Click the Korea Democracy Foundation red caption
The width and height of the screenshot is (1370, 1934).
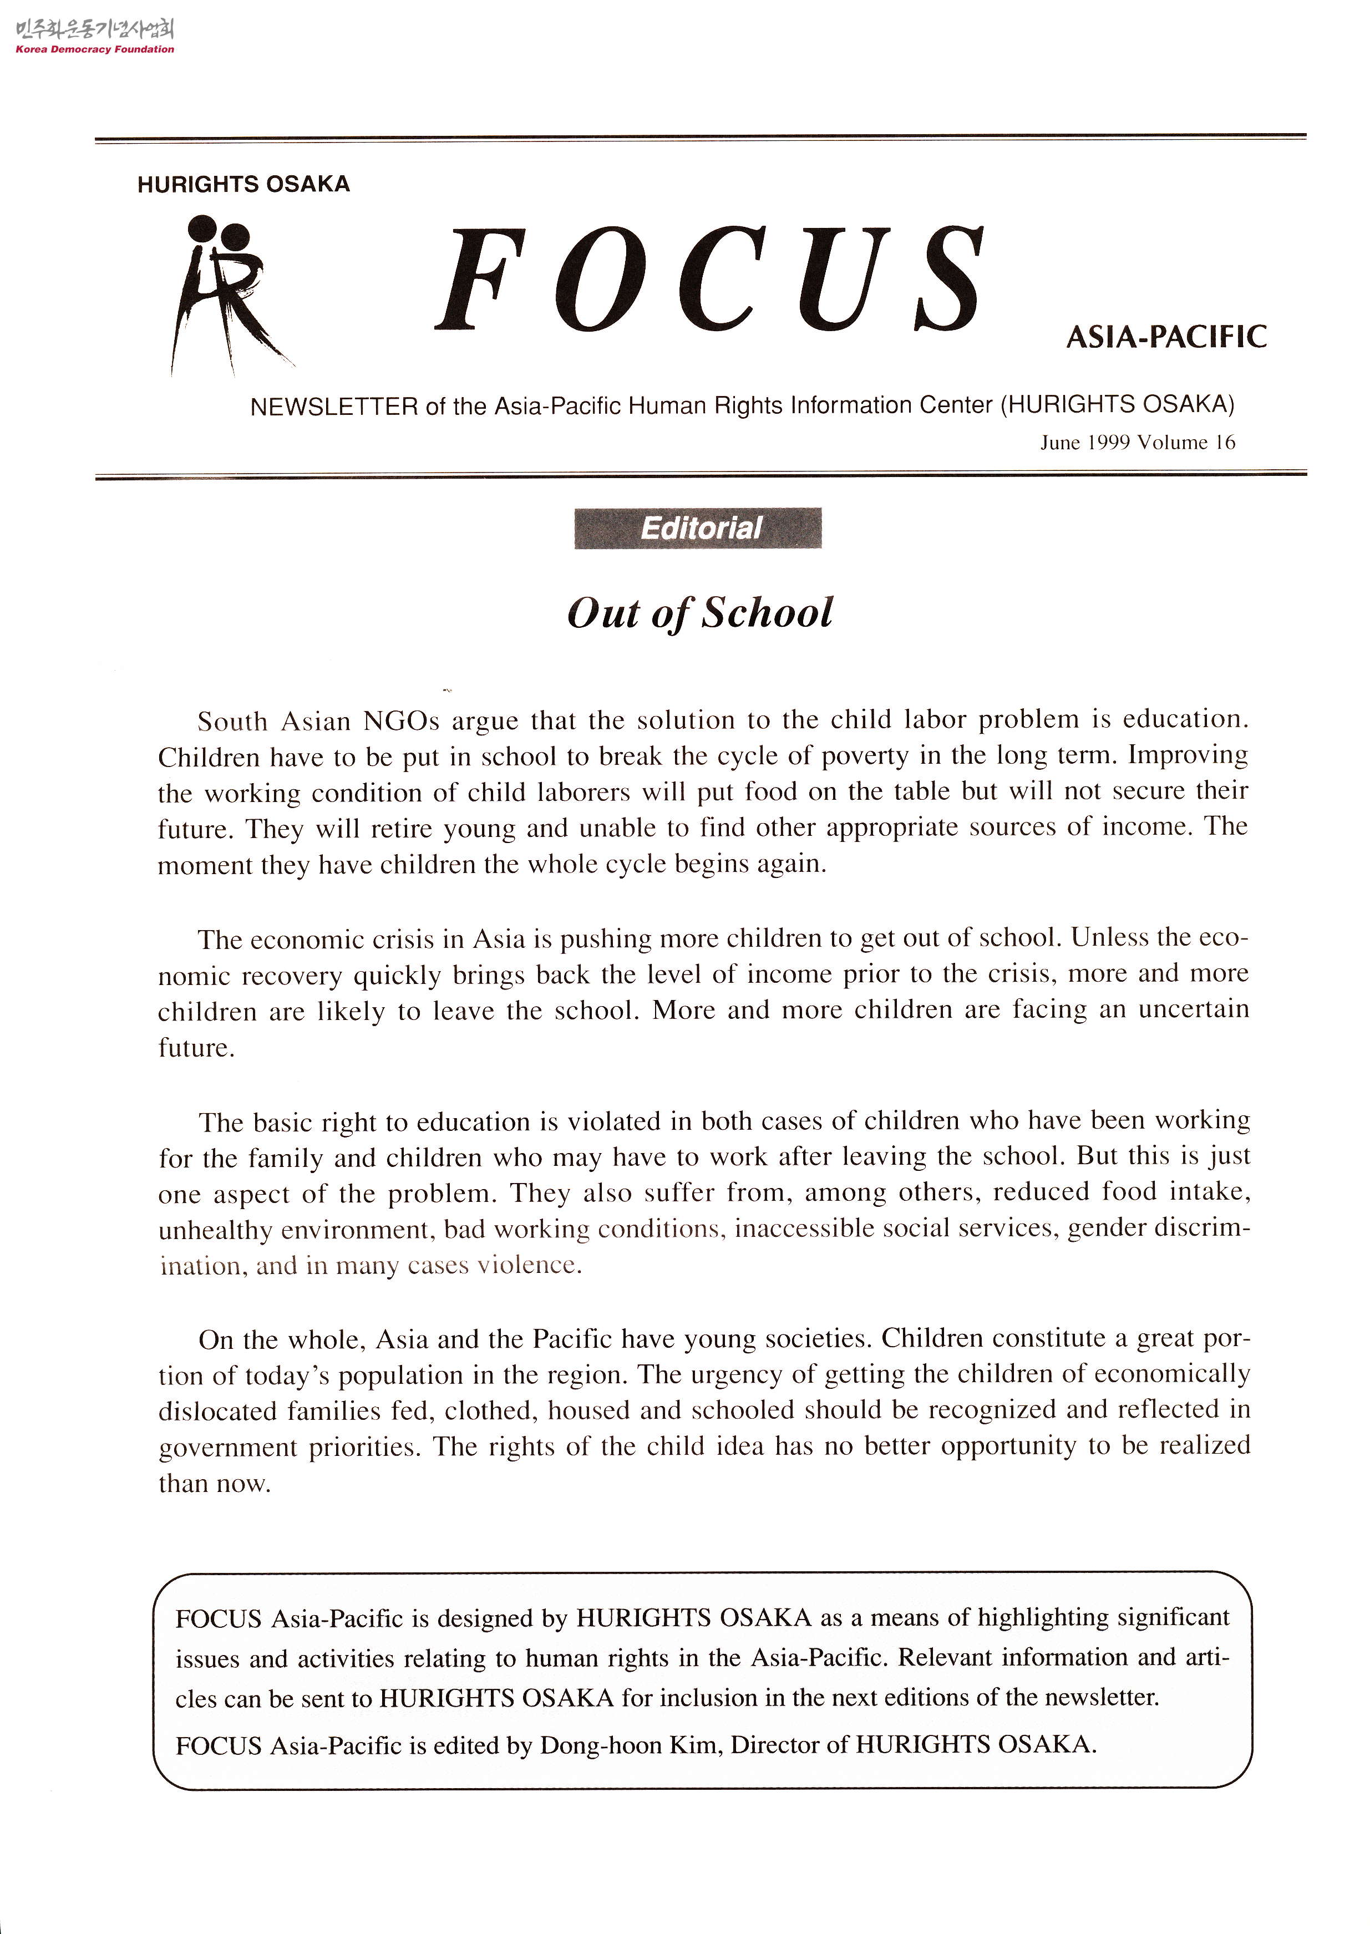[x=94, y=49]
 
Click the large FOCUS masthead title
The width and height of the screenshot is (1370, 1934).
[x=709, y=280]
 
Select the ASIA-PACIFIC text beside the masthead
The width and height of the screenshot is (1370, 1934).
[x=1166, y=337]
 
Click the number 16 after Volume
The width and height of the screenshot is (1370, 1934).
[x=1225, y=443]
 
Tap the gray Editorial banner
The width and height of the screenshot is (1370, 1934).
[x=698, y=528]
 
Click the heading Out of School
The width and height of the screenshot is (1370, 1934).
[x=699, y=613]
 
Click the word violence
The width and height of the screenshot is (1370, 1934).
[x=529, y=1265]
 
